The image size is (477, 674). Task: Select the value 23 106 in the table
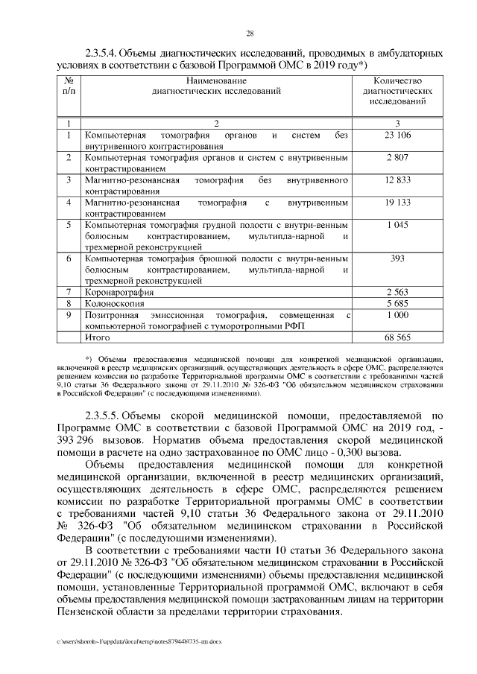click(x=398, y=136)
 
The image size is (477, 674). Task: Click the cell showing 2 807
click(x=398, y=158)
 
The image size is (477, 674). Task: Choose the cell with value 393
click(x=398, y=258)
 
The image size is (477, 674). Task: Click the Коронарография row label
click(x=120, y=292)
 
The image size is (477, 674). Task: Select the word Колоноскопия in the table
click(x=117, y=303)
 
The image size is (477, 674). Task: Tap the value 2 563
click(x=398, y=292)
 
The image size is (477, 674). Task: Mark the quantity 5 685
click(x=398, y=303)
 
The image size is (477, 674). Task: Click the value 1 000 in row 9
click(x=398, y=315)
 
